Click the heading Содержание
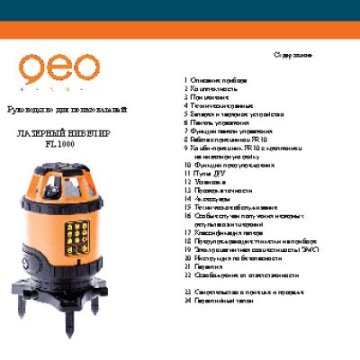(294, 56)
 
